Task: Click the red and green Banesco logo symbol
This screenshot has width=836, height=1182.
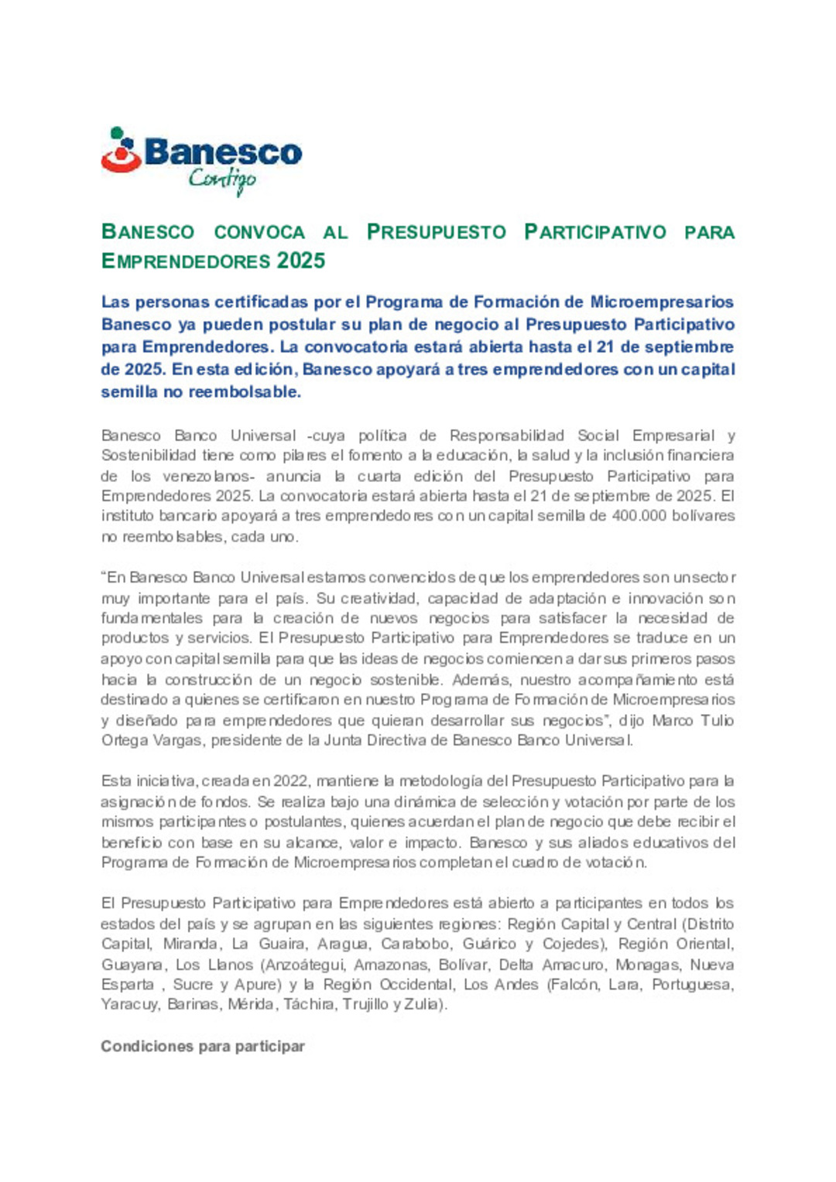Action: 120,150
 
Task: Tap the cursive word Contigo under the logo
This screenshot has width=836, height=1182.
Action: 222,180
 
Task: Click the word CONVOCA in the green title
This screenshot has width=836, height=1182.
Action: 259,232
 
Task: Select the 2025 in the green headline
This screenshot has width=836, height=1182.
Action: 301,261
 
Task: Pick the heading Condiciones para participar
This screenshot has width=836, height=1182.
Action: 203,1047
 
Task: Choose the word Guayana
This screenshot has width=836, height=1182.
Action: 132,965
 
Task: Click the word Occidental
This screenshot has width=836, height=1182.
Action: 409,985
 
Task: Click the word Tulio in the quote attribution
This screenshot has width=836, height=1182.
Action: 717,720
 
